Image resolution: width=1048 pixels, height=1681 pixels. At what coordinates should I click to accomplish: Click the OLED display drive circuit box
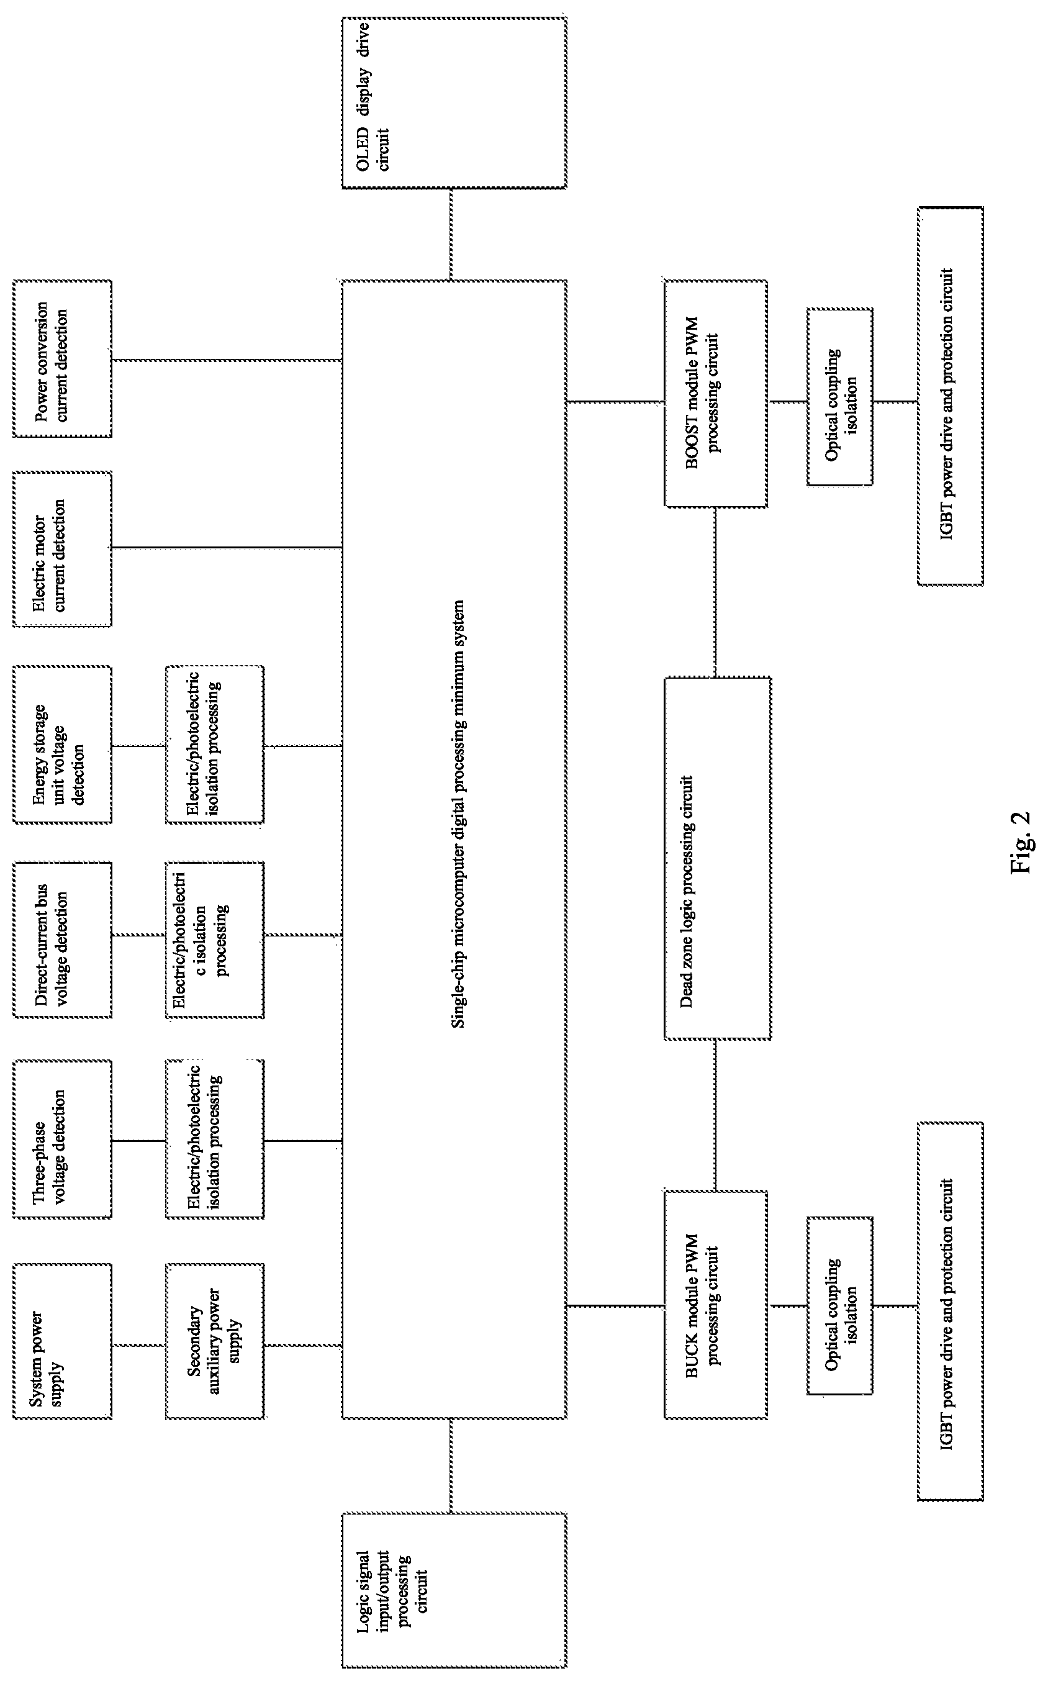pos(454,102)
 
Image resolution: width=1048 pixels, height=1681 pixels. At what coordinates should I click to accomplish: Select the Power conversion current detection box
pos(62,358)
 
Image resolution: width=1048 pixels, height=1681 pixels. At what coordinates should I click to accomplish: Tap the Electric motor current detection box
pos(62,549)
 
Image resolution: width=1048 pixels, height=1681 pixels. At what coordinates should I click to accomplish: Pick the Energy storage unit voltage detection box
pos(62,745)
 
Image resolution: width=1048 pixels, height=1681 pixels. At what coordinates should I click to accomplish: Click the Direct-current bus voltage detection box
pos(62,940)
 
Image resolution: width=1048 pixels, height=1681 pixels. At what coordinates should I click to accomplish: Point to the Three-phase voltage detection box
pos(62,1139)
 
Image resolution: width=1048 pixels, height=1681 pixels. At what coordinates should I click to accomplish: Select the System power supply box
pos(62,1341)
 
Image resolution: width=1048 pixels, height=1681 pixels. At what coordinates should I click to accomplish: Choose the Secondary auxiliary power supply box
pos(215,1341)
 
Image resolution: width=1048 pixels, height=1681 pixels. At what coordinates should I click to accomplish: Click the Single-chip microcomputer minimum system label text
pos(458,813)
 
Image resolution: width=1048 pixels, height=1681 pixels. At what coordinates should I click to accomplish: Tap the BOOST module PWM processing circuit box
pos(715,394)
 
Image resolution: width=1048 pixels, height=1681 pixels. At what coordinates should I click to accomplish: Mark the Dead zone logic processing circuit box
pos(717,858)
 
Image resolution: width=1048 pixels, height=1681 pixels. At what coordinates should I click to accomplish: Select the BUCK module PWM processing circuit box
pos(715,1305)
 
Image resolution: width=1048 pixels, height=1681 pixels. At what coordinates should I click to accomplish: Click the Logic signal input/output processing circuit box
pos(454,1590)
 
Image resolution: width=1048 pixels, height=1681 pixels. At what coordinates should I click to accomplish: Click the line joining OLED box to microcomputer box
pos(451,234)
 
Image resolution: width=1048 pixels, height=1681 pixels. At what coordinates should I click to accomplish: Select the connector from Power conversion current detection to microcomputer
pos(227,360)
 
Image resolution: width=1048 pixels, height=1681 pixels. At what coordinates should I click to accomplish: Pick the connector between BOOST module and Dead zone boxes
pos(715,592)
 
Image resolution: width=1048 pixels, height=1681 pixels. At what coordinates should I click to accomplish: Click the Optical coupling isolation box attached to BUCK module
pos(840,1305)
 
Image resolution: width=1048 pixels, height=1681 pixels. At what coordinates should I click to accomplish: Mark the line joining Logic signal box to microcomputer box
pos(451,1466)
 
